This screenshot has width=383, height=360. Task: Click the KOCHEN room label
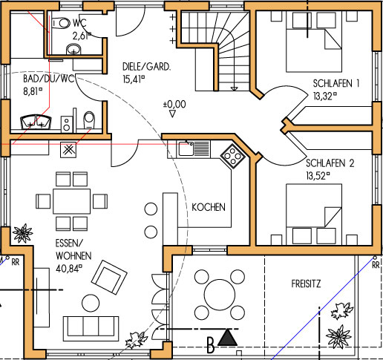[209, 207]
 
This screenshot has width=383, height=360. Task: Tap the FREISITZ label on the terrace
[306, 284]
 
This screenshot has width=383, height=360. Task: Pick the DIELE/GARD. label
[146, 67]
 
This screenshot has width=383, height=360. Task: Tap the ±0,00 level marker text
[174, 104]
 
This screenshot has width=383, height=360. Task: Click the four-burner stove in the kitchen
[232, 157]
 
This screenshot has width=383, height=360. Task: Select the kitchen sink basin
[186, 148]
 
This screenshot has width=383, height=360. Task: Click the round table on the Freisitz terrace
[220, 295]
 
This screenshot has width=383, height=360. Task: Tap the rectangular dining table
[72, 201]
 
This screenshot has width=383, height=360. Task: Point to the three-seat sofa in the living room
[91, 329]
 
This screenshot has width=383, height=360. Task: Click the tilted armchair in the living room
[109, 277]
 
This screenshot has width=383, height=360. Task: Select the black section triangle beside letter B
[227, 338]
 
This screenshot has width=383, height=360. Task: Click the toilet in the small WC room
[61, 24]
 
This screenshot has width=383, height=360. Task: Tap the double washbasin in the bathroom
[36, 122]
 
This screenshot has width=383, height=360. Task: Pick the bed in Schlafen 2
[314, 214]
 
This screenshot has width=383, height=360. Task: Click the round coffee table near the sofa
[91, 303]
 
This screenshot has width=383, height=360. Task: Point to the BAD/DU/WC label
[49, 79]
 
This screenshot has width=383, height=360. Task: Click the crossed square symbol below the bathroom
[68, 150]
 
